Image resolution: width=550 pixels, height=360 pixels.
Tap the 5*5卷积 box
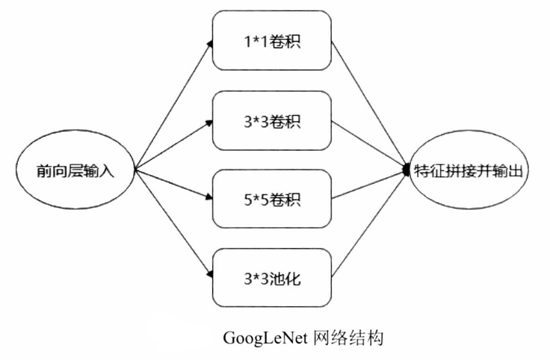[271, 199]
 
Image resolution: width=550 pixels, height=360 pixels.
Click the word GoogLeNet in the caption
[264, 338]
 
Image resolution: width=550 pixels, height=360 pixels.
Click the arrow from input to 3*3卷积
[172, 145]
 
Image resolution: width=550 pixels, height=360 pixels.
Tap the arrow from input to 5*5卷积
[172, 184]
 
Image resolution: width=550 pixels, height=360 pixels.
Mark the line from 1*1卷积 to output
[368, 105]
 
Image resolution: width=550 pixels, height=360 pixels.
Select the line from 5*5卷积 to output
[368, 184]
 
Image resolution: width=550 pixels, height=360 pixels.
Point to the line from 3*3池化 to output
[368, 224]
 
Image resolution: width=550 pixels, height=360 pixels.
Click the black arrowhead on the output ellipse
[407, 170]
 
